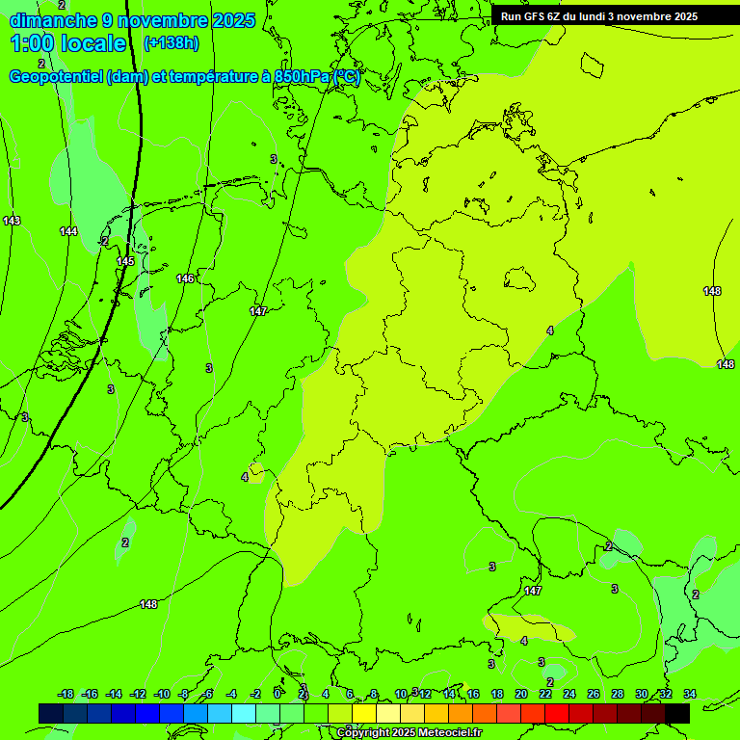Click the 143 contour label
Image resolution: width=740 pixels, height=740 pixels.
pyautogui.click(x=12, y=221)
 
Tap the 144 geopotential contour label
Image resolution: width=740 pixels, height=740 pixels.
pyautogui.click(x=68, y=231)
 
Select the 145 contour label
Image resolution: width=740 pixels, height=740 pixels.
pyautogui.click(x=125, y=261)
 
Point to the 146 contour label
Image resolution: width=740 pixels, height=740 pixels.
pyautogui.click(x=185, y=278)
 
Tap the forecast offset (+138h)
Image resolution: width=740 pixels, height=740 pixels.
pyautogui.click(x=171, y=43)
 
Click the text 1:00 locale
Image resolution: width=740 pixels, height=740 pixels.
pyautogui.click(x=68, y=43)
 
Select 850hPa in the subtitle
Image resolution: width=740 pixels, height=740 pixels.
pyautogui.click(x=303, y=77)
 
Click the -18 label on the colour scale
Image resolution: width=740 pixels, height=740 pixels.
pyautogui.click(x=66, y=694)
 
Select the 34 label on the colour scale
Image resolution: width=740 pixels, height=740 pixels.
pyautogui.click(x=690, y=694)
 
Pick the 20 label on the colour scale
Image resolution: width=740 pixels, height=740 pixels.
pyautogui.click(x=521, y=694)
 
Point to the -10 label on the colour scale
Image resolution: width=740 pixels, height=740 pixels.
pyautogui.click(x=162, y=694)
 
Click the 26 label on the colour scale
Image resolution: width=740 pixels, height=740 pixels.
pyautogui.click(x=594, y=694)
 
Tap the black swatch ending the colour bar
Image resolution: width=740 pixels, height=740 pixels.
pyautogui.click(x=677, y=713)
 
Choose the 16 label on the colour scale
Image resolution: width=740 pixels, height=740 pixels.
pyautogui.click(x=473, y=694)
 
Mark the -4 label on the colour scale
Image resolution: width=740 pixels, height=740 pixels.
pyautogui.click(x=231, y=694)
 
